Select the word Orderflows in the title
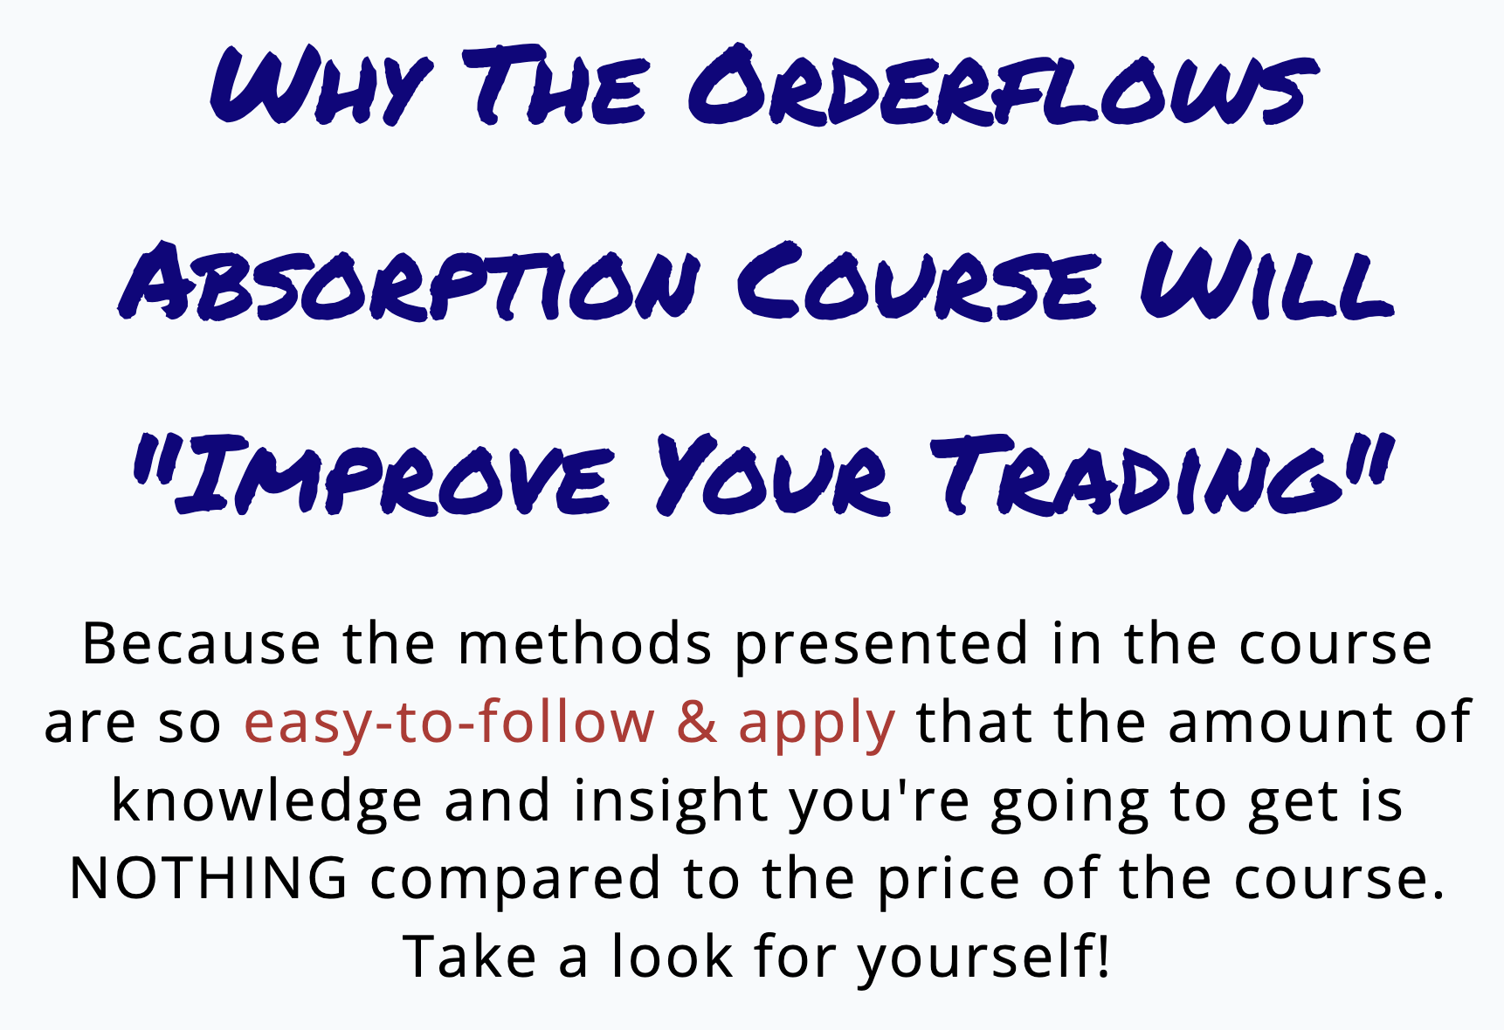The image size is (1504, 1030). (x=1003, y=85)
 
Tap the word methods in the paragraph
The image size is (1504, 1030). (x=585, y=644)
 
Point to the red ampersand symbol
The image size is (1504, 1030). (x=697, y=723)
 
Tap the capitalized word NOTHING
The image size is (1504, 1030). (x=209, y=878)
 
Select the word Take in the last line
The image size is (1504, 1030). (x=470, y=955)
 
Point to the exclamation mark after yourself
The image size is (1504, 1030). (x=1104, y=955)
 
